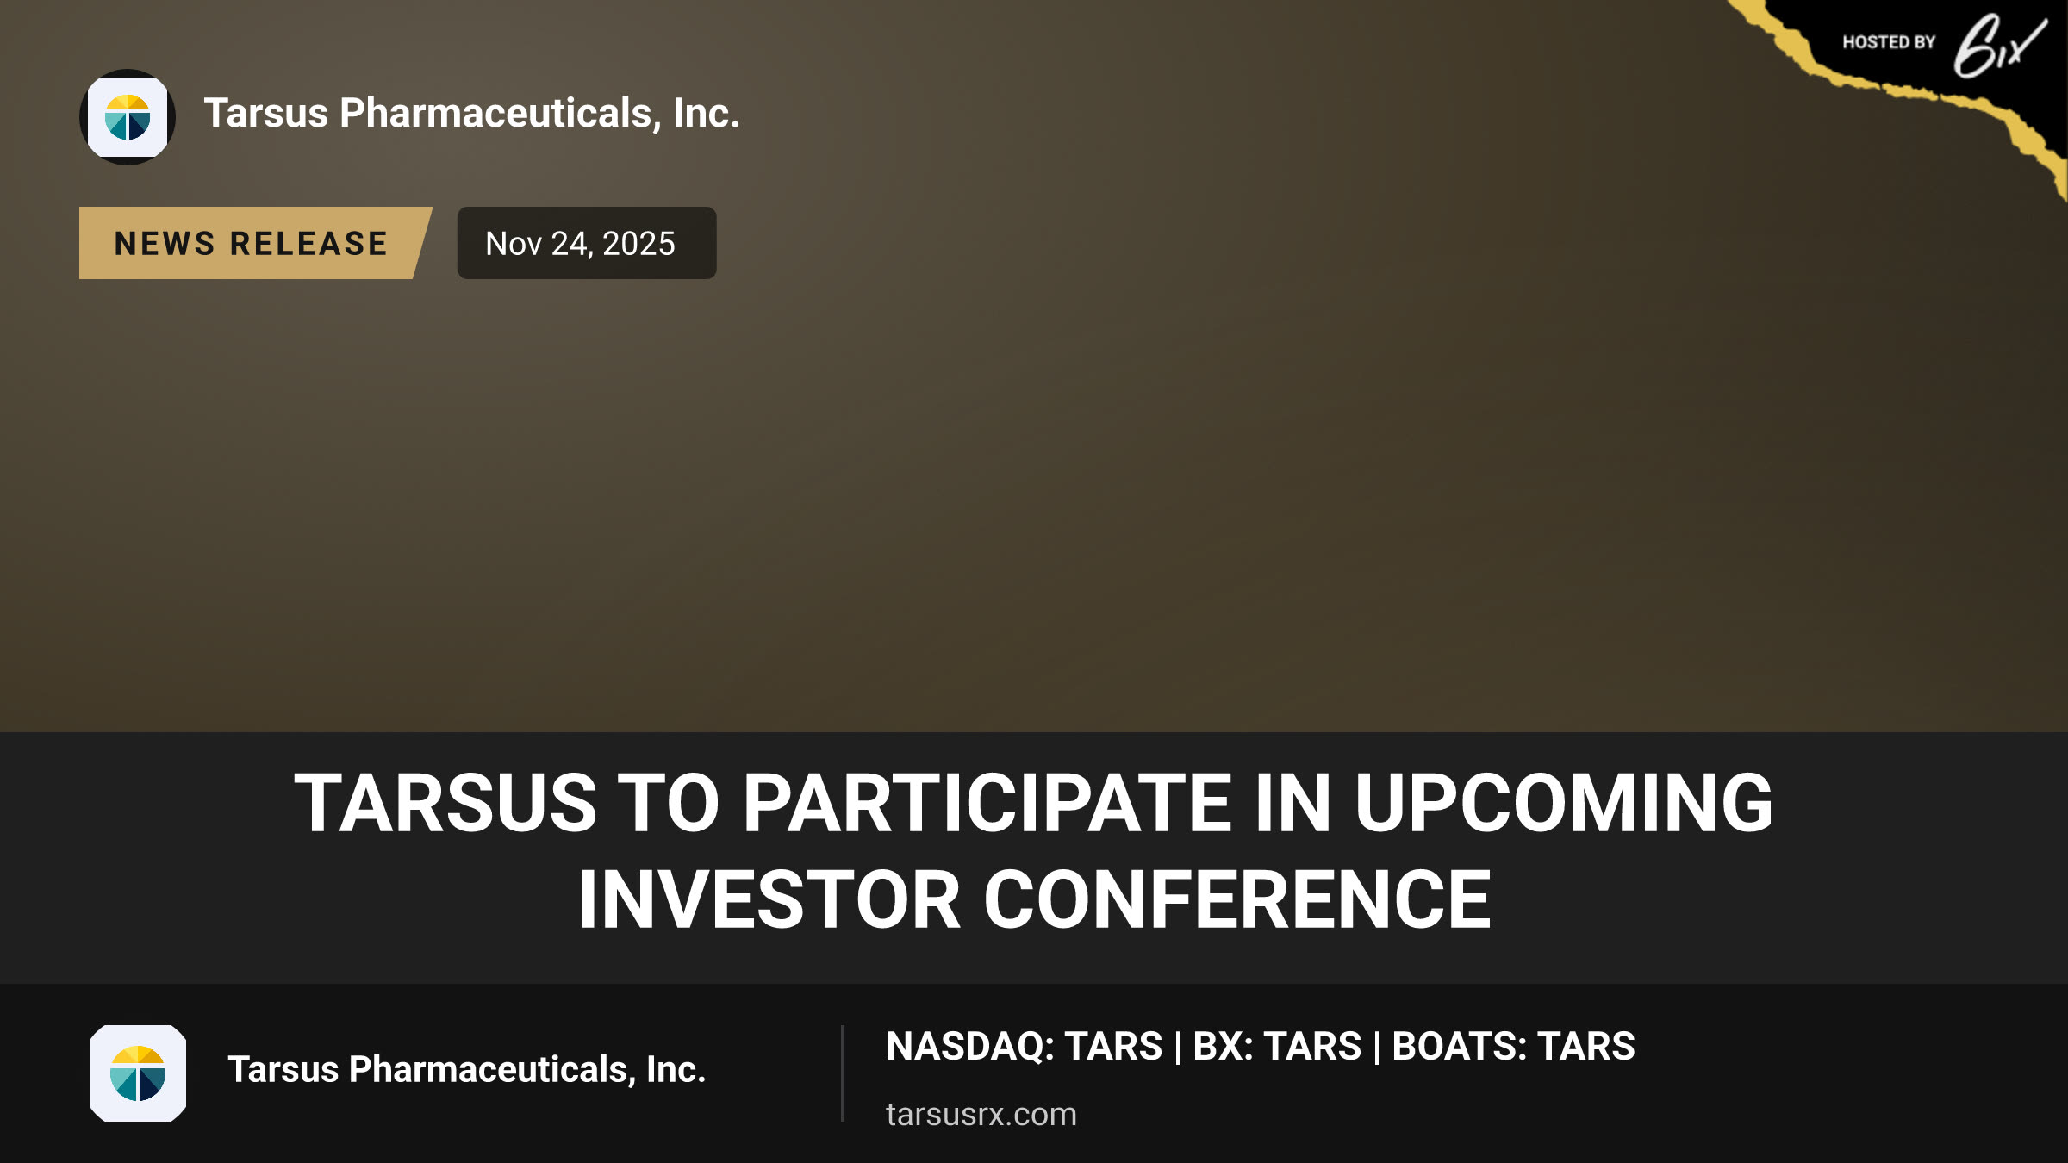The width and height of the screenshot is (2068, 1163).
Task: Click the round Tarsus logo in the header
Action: click(x=128, y=117)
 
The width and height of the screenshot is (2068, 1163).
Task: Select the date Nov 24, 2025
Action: click(x=581, y=244)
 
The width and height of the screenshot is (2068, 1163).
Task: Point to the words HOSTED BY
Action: click(x=1889, y=42)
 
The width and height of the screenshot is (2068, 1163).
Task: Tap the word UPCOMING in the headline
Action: click(x=1563, y=803)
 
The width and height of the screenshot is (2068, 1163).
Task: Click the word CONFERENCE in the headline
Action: click(x=1237, y=899)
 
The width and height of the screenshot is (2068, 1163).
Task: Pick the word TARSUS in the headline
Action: click(x=445, y=803)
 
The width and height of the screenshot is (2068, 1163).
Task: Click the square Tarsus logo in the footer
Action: click(x=138, y=1073)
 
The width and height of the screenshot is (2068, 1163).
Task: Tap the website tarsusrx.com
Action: click(x=981, y=1115)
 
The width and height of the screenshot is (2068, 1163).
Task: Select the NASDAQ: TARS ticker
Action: click(x=1025, y=1047)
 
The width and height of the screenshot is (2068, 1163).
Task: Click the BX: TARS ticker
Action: click(x=1277, y=1047)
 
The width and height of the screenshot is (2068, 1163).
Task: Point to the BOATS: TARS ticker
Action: click(x=1513, y=1047)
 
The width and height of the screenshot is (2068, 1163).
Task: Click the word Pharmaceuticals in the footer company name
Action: click(x=492, y=1070)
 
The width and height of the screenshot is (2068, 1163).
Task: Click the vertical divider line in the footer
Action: click(x=843, y=1073)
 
